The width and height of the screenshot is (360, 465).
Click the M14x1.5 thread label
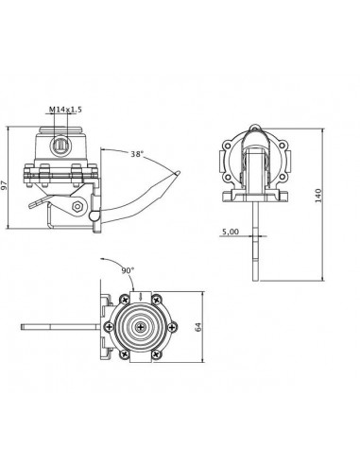[x=65, y=110]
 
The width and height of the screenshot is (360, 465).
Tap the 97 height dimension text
[x=4, y=186]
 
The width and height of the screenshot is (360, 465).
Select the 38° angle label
[x=137, y=154]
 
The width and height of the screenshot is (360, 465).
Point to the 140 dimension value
[x=318, y=196]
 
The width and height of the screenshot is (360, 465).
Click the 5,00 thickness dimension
[x=231, y=232]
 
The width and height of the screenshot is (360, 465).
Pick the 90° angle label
[x=128, y=270]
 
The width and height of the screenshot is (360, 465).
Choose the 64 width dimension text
[x=198, y=327]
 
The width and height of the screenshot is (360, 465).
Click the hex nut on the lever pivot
[x=77, y=207]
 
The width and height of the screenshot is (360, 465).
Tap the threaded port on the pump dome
[x=60, y=145]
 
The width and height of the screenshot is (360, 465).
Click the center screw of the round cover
[x=140, y=327]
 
